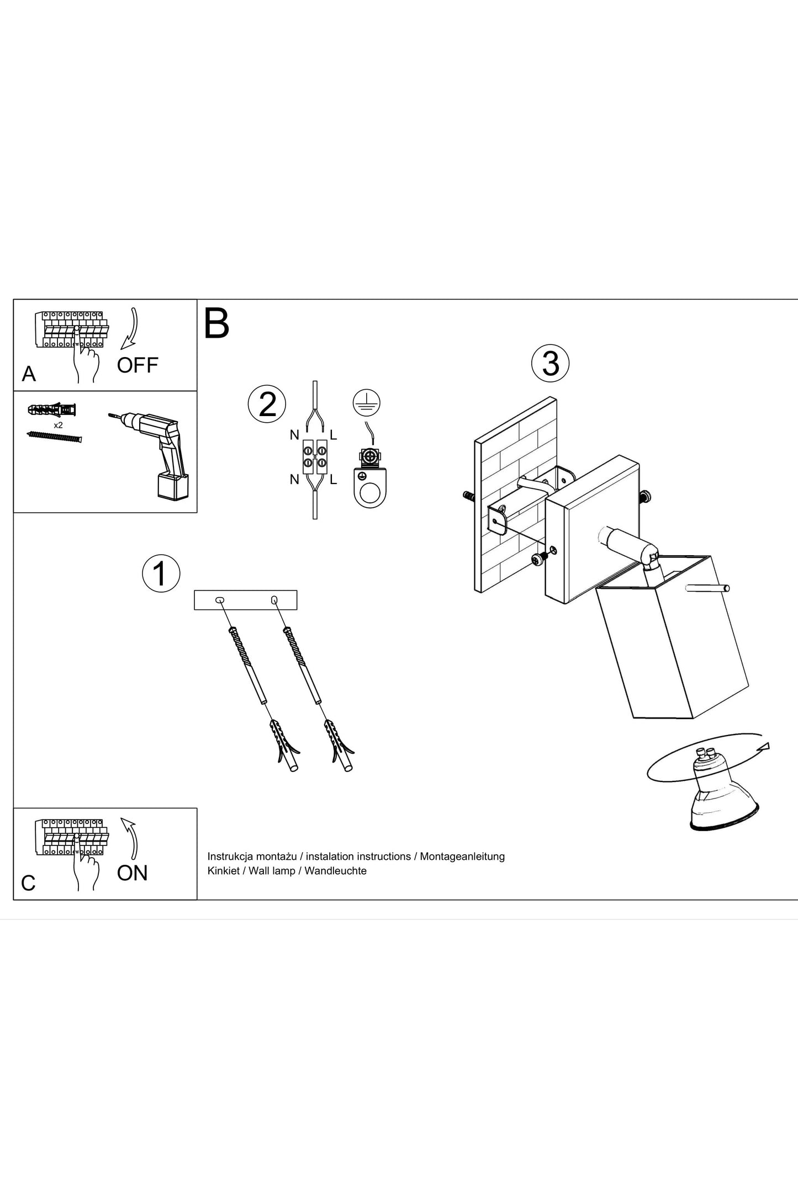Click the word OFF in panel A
[138, 365]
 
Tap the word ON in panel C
[133, 873]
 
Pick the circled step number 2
[267, 404]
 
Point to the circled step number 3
[550, 364]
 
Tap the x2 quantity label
[58, 425]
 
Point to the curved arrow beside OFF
[131, 329]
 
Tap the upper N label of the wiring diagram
[294, 435]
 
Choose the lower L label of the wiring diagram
[333, 480]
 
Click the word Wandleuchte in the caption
[335, 871]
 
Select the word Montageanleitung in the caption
[462, 856]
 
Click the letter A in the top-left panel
[29, 374]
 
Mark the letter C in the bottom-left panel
[28, 883]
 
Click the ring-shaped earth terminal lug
[370, 488]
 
